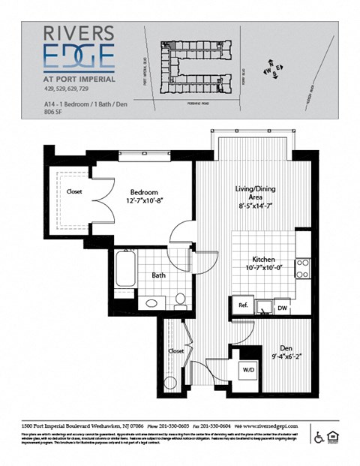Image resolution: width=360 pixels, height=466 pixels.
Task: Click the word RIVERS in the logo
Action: click(x=79, y=33)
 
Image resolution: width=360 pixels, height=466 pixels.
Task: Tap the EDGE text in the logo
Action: click(x=79, y=56)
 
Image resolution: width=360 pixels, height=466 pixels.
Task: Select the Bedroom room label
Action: click(x=143, y=191)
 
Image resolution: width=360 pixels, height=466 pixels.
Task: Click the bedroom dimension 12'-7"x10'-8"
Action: click(x=143, y=201)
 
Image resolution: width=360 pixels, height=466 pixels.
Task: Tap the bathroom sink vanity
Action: click(x=152, y=302)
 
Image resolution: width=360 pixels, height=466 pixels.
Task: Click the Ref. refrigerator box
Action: click(x=243, y=305)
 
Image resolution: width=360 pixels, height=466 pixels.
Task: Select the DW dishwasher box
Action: click(x=282, y=307)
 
